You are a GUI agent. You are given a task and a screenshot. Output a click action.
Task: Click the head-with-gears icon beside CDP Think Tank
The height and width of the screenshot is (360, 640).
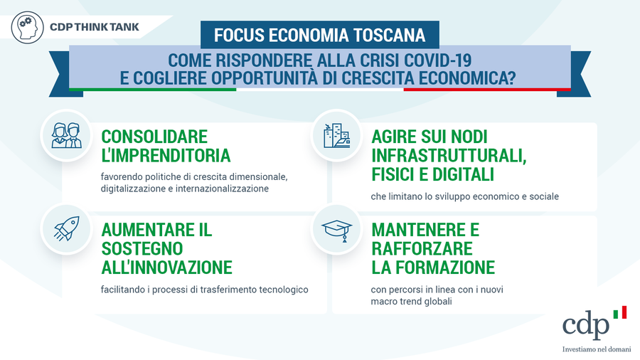click(27, 27)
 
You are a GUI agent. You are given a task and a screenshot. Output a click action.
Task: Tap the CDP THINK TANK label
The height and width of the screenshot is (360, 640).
click(95, 27)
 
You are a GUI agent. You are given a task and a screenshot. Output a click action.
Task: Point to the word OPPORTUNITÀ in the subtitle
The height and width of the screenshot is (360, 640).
click(264, 78)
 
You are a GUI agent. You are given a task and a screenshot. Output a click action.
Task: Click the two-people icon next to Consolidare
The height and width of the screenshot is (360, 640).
click(67, 135)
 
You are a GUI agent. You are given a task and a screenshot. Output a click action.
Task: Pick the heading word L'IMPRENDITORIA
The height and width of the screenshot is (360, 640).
click(166, 156)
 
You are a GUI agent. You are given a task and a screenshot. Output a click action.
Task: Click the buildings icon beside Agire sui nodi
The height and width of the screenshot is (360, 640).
click(337, 135)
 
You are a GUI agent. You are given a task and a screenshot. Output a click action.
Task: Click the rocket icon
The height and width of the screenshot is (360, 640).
click(67, 228)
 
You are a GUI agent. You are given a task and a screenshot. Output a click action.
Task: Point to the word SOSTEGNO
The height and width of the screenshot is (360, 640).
click(142, 248)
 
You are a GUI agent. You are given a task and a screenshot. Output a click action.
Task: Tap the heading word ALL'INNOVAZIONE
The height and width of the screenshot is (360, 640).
click(166, 268)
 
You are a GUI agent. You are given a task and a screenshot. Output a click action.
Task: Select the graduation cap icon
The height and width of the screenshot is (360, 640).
click(337, 231)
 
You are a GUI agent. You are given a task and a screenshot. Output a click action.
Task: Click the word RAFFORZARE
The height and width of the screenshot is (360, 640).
click(422, 248)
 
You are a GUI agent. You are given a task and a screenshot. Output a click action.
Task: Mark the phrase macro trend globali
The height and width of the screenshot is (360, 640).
click(412, 302)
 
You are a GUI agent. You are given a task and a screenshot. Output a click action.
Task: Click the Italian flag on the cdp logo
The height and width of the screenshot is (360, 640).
click(619, 312)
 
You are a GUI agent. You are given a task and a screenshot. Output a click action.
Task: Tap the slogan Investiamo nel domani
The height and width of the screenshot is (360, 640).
click(597, 349)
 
